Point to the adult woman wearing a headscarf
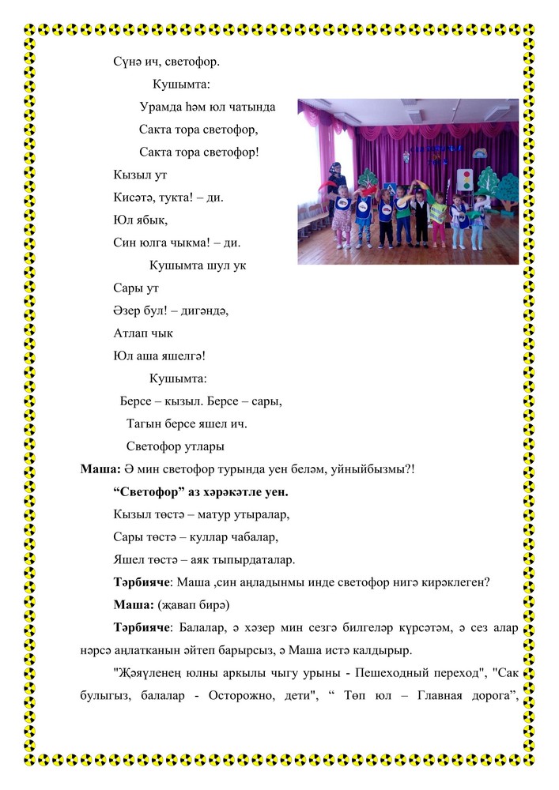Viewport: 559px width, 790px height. coord(334,190)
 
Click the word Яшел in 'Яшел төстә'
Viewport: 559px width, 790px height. coord(129,560)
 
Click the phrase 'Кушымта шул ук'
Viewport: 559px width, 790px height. coord(198,265)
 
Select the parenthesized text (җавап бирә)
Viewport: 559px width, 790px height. coord(193,605)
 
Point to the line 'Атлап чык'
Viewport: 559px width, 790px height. coord(143,333)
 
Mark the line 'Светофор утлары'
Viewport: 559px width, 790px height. coord(175,446)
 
